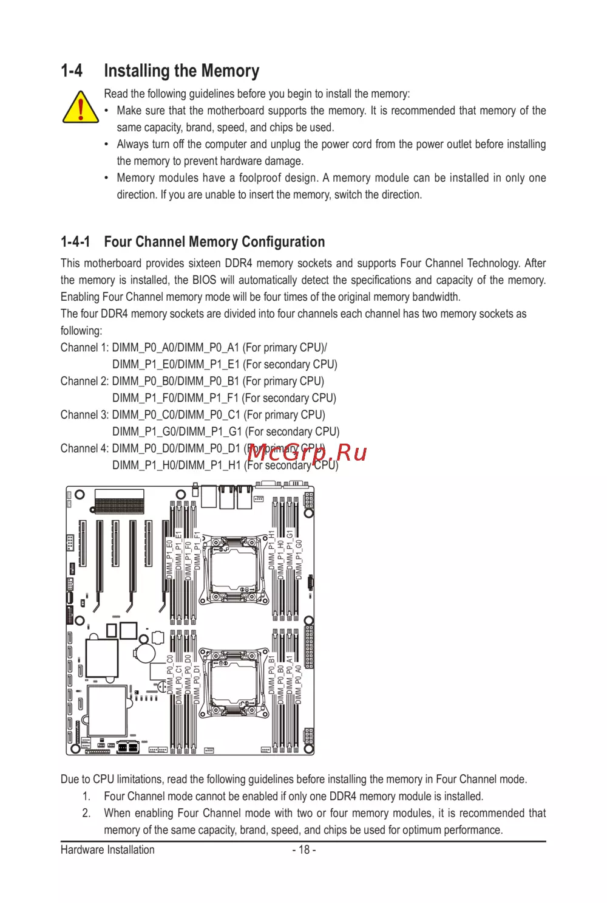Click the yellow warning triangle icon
pos(80,108)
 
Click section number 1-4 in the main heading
pos(72,71)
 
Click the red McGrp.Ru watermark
pos(307,453)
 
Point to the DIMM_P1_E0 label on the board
pos(169,559)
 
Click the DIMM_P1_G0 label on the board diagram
pos(299,559)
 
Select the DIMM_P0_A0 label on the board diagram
pos(299,684)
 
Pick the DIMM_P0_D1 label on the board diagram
pos(197,684)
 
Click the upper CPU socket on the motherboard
pos(233,569)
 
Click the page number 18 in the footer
pos(304,850)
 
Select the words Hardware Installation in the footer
pos(107,850)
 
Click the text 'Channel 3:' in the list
pos(84,415)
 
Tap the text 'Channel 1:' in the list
pos(84,348)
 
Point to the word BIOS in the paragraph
pos(204,280)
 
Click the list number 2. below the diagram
pos(87,813)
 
